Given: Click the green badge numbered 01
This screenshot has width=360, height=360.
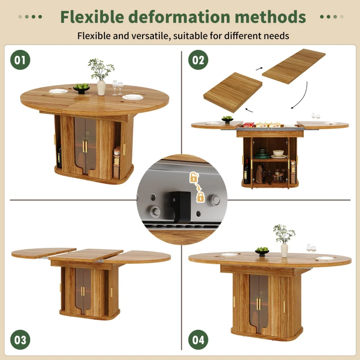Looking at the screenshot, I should [x=20, y=60].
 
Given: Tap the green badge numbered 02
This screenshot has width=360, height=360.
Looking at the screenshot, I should [x=198, y=60].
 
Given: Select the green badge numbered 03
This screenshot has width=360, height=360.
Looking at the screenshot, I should [x=20, y=340].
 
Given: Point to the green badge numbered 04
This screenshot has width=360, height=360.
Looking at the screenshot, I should [x=198, y=340].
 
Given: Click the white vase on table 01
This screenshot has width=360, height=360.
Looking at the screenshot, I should [x=101, y=87].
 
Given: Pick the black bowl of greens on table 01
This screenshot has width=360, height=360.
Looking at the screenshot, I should [x=81, y=88].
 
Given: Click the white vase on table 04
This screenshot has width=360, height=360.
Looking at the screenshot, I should [x=284, y=250].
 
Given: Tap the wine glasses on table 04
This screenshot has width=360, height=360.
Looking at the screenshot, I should [x=311, y=250].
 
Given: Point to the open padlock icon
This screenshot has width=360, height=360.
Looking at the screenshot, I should [x=193, y=178].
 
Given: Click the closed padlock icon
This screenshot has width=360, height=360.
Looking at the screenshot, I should [x=200, y=197].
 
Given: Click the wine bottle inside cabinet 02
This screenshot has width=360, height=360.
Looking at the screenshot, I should [x=247, y=172].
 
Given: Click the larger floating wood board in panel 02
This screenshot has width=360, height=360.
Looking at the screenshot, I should [x=294, y=66].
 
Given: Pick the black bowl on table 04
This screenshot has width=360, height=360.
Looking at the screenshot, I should [x=262, y=252].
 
